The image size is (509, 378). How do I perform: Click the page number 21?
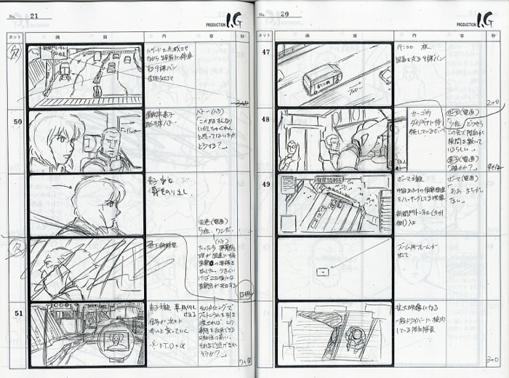34,15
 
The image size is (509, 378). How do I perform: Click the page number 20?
284,14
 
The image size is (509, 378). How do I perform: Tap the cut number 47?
265,52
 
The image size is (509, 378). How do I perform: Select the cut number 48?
265,119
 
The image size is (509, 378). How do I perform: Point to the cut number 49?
265,185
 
